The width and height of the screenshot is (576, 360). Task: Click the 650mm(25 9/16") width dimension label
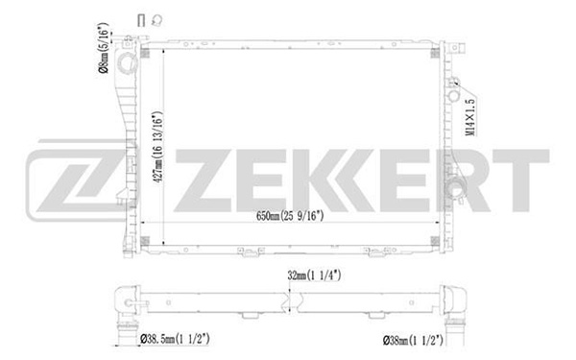tap(290, 216)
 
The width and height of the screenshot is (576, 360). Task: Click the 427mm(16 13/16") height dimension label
tap(157, 147)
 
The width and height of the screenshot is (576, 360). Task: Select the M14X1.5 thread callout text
tap(470, 117)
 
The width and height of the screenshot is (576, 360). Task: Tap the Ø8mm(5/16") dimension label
tap(104, 48)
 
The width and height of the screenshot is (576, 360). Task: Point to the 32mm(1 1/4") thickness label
tap(315, 276)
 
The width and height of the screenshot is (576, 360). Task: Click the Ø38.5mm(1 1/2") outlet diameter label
tap(175, 339)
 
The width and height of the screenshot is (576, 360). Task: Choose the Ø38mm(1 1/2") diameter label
tap(413, 340)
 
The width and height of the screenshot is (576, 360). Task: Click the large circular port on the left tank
tap(128, 63)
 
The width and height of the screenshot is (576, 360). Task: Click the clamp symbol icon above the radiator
tap(157, 20)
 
